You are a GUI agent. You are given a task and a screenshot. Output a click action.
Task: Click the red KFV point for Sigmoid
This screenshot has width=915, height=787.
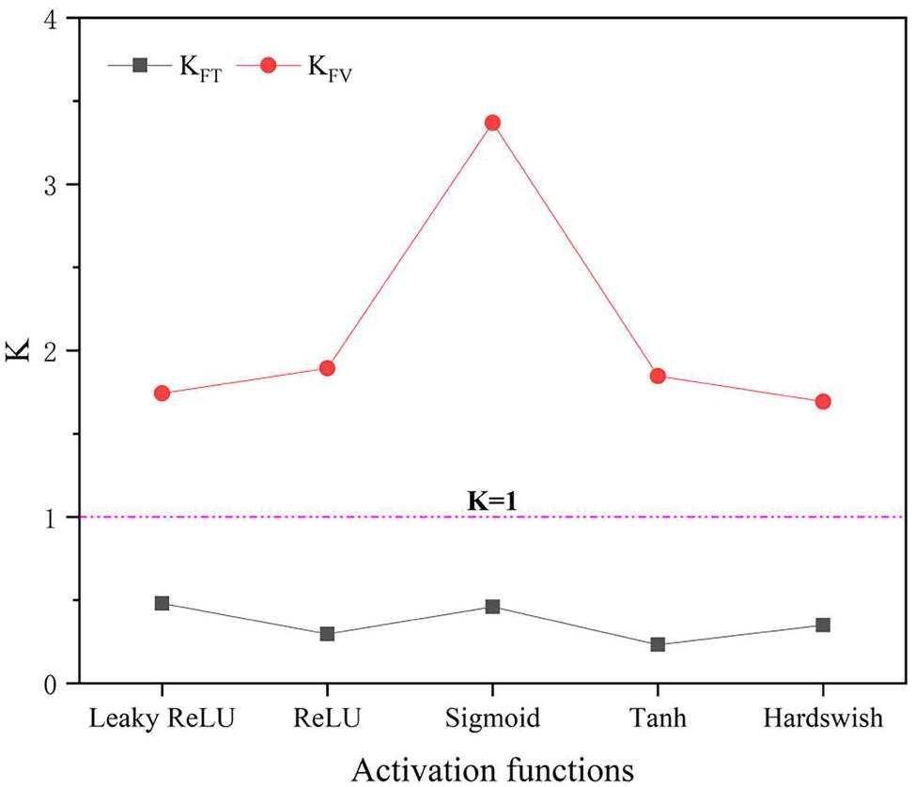point(492,123)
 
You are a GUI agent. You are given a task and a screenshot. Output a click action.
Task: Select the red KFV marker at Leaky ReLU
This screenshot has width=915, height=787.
point(162,393)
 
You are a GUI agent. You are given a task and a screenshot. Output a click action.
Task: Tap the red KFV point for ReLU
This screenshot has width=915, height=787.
point(327,368)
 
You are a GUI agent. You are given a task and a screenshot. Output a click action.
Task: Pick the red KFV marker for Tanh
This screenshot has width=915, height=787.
point(658,377)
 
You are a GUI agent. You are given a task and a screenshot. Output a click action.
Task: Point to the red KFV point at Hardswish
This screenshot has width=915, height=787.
point(823,402)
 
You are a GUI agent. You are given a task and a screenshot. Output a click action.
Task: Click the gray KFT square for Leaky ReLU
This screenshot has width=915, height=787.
point(162,603)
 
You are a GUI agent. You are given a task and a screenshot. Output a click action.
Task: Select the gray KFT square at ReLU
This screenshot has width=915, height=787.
point(327,634)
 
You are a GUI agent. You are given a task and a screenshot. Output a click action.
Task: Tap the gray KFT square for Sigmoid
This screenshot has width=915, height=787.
point(492,607)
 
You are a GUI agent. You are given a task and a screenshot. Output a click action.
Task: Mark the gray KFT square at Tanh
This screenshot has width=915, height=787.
point(658,644)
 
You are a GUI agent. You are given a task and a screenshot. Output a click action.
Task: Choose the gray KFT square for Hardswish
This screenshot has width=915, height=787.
point(823,625)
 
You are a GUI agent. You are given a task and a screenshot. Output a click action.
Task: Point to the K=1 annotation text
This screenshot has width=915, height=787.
point(493,501)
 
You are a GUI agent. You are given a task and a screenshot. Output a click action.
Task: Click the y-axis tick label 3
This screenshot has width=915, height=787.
point(60,185)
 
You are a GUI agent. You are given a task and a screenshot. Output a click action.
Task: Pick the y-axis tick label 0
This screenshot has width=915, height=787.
point(60,684)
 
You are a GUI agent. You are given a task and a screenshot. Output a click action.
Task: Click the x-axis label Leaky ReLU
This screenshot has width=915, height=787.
point(162,719)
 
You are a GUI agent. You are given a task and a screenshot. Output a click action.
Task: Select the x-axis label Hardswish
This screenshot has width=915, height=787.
point(823,719)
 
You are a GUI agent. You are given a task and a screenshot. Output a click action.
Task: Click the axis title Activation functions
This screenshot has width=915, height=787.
point(492,768)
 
